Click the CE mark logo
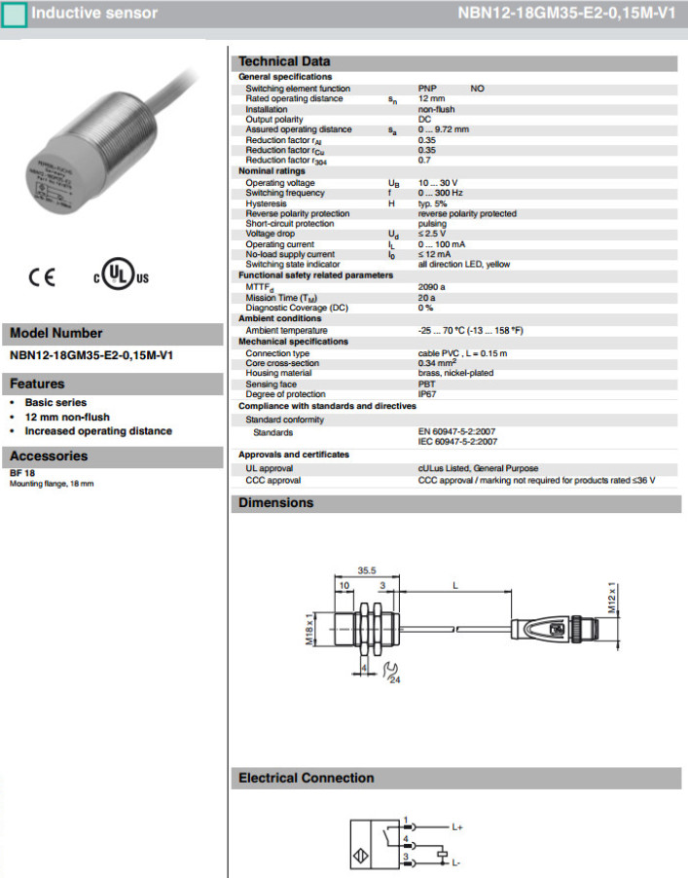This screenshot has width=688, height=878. (x=43, y=276)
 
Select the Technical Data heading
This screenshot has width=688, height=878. (x=284, y=61)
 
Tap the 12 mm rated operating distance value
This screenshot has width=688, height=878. (x=431, y=98)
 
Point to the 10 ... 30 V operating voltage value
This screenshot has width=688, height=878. (x=437, y=183)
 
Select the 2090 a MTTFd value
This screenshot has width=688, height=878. (x=431, y=287)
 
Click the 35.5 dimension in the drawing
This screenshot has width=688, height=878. (x=367, y=572)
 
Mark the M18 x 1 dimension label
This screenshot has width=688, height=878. (x=308, y=630)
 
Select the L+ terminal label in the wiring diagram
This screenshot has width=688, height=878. (x=458, y=825)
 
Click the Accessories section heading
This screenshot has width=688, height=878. (x=49, y=456)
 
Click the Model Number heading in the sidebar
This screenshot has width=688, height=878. (x=55, y=333)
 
